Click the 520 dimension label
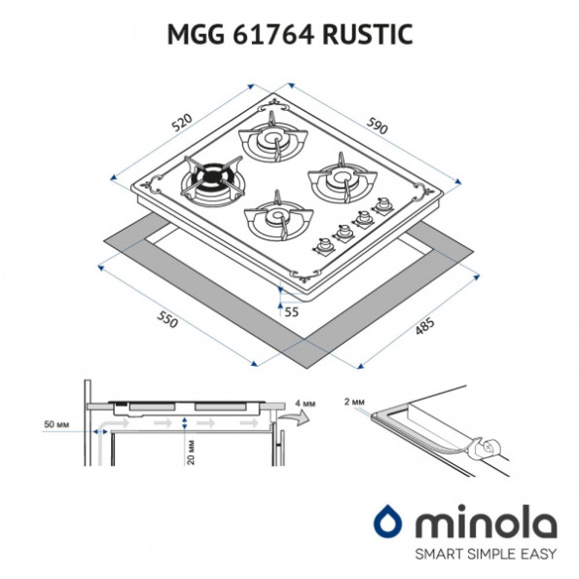(x=183, y=123)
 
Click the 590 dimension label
(x=377, y=126)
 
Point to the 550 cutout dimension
(x=167, y=319)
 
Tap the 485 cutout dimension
(x=424, y=326)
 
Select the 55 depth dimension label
(x=291, y=312)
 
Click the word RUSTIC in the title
(x=368, y=34)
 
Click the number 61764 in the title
(x=273, y=34)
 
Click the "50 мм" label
(x=56, y=424)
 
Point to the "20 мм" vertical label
(x=191, y=452)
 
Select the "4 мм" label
(x=305, y=403)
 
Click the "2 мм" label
(x=355, y=402)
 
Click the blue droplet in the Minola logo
(x=387, y=522)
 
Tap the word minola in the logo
(x=486, y=522)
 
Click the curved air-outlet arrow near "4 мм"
(x=294, y=417)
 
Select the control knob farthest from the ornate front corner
(x=382, y=205)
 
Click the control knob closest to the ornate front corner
(x=324, y=245)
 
